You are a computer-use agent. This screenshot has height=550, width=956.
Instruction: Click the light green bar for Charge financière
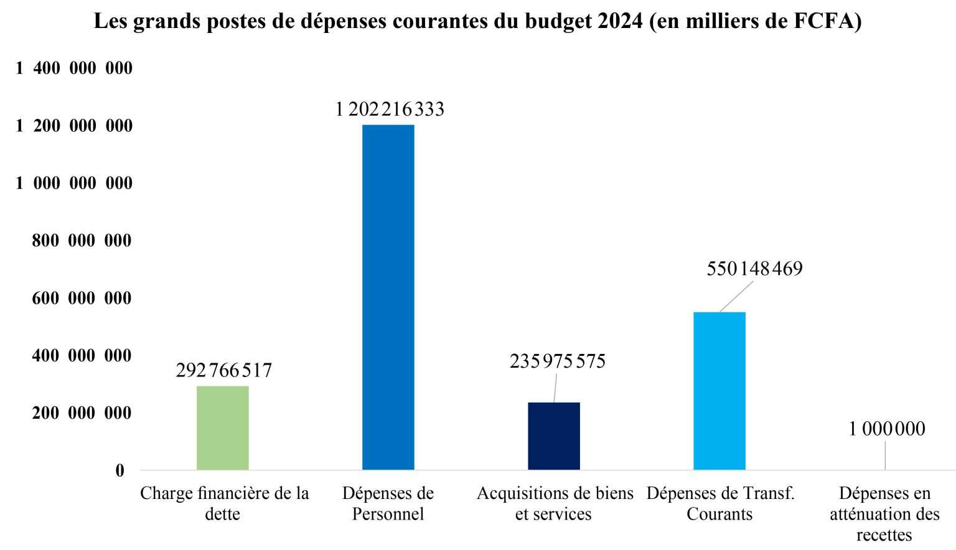(x=222, y=428)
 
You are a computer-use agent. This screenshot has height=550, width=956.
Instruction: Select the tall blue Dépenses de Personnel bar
(x=388, y=297)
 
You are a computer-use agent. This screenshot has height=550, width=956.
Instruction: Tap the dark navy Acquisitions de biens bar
(x=553, y=436)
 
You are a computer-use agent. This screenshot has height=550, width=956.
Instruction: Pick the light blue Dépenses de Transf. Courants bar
(x=719, y=391)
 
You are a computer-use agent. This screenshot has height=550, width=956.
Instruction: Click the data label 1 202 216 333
(x=390, y=110)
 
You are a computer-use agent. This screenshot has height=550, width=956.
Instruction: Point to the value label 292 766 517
(x=223, y=370)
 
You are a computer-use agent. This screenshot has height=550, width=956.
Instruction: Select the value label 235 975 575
(x=557, y=361)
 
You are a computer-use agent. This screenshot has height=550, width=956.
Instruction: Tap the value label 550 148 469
(x=754, y=269)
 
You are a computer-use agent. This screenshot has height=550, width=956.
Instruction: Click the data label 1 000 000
(x=886, y=429)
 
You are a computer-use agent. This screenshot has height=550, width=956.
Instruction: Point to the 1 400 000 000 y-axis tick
(x=74, y=68)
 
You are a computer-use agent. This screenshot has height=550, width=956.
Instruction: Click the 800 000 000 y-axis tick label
(x=82, y=241)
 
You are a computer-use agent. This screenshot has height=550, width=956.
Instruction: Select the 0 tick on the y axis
(x=119, y=471)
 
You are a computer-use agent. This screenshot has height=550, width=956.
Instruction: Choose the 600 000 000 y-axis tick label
(x=82, y=299)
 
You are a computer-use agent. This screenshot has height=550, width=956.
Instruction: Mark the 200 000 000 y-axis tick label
(x=82, y=413)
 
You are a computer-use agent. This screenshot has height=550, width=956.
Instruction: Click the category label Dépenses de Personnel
(x=388, y=503)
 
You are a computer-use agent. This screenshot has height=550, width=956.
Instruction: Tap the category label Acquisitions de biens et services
(x=555, y=503)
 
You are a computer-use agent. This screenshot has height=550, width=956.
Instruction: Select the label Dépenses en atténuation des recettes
(x=884, y=514)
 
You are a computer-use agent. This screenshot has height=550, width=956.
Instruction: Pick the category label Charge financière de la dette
(x=224, y=503)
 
